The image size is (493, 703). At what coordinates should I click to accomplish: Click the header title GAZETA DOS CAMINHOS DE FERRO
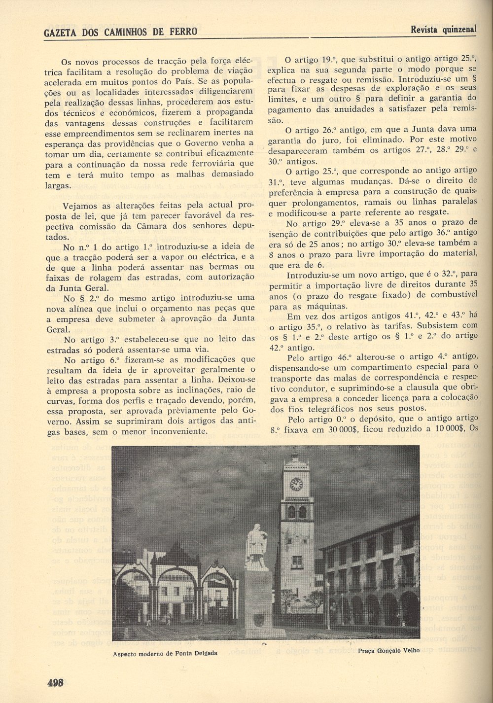pyautogui.click(x=120, y=32)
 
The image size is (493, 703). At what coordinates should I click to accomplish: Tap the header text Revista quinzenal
pyautogui.click(x=444, y=29)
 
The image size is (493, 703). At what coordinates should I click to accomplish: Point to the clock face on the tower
pyautogui.click(x=296, y=484)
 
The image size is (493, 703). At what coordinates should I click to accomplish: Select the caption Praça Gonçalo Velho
pyautogui.click(x=389, y=650)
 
